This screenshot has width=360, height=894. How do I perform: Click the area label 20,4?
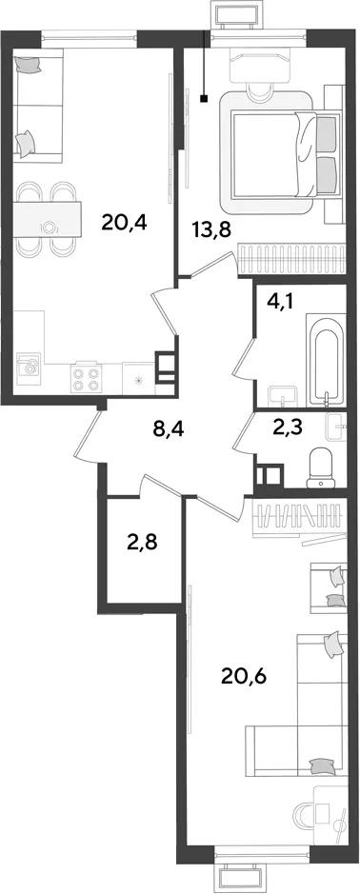click(125, 222)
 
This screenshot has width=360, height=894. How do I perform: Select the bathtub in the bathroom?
click(326, 360)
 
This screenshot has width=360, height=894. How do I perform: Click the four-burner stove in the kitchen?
click(85, 377)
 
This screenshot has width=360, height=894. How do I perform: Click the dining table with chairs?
click(47, 218)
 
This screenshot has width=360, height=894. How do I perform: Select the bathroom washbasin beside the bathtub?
click(283, 395)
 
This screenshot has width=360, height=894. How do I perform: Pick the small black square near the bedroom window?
click(204, 99)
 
